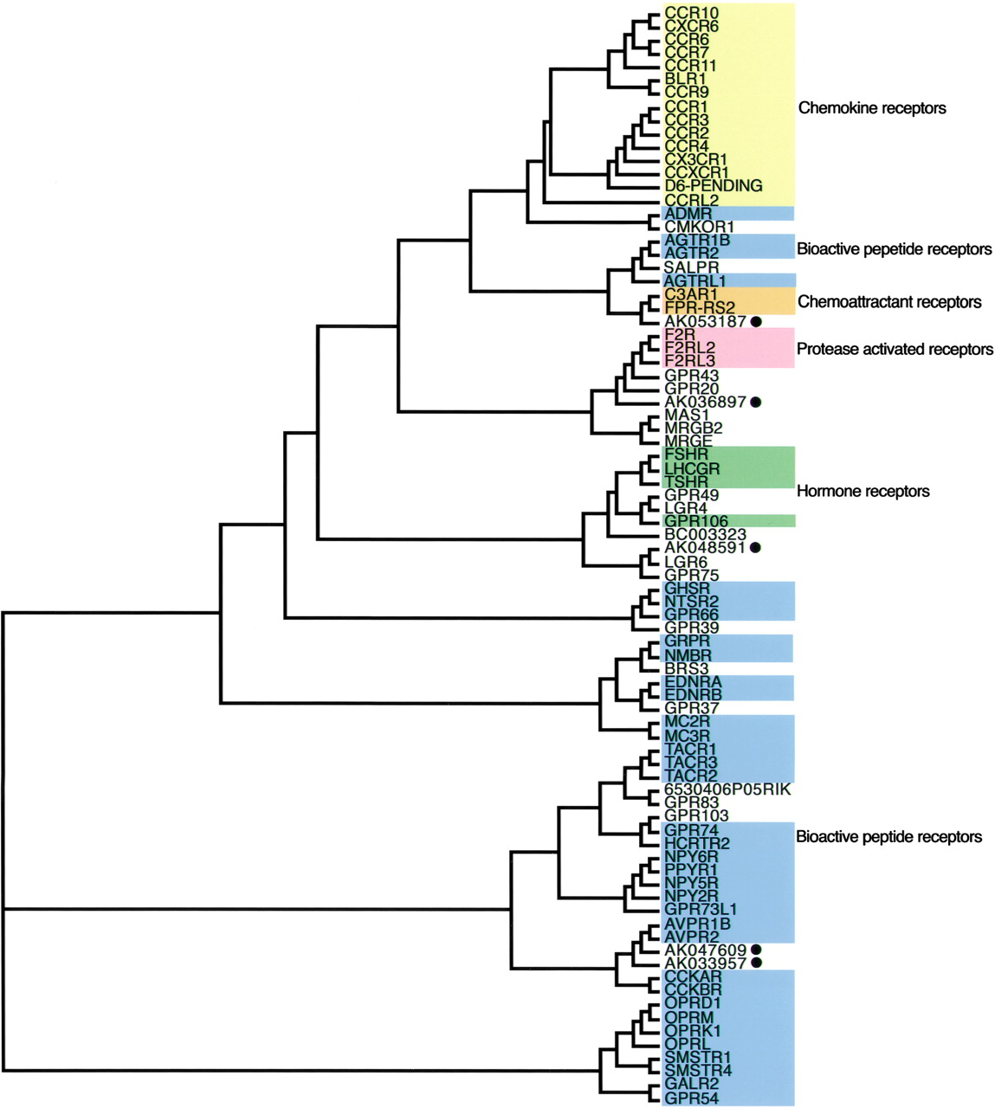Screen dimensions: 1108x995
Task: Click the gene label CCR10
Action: point(690,13)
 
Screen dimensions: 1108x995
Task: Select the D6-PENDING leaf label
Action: point(713,186)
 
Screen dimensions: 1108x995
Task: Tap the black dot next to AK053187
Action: point(756,322)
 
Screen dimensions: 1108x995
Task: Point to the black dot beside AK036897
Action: point(756,402)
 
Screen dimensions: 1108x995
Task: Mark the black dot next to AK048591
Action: point(756,548)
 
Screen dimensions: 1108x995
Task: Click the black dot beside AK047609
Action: point(757,950)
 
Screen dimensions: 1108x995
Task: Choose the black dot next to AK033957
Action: point(757,963)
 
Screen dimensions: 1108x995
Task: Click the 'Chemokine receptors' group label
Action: point(871,108)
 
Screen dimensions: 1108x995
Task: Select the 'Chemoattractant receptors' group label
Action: point(889,302)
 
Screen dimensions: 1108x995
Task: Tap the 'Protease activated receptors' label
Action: point(895,350)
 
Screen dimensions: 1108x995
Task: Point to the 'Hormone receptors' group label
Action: point(863,491)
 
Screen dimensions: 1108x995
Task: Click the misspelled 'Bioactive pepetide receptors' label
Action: point(894,249)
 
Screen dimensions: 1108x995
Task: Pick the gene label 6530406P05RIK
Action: point(727,789)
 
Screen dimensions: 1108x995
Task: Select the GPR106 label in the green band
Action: point(696,521)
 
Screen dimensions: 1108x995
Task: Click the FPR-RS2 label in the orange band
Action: point(700,308)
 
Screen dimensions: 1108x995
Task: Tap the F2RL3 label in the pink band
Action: point(690,361)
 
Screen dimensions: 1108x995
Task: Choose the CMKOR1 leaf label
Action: point(699,227)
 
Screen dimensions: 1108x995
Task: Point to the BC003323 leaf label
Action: point(705,535)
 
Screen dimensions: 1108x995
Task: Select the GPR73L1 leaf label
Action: point(701,909)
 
